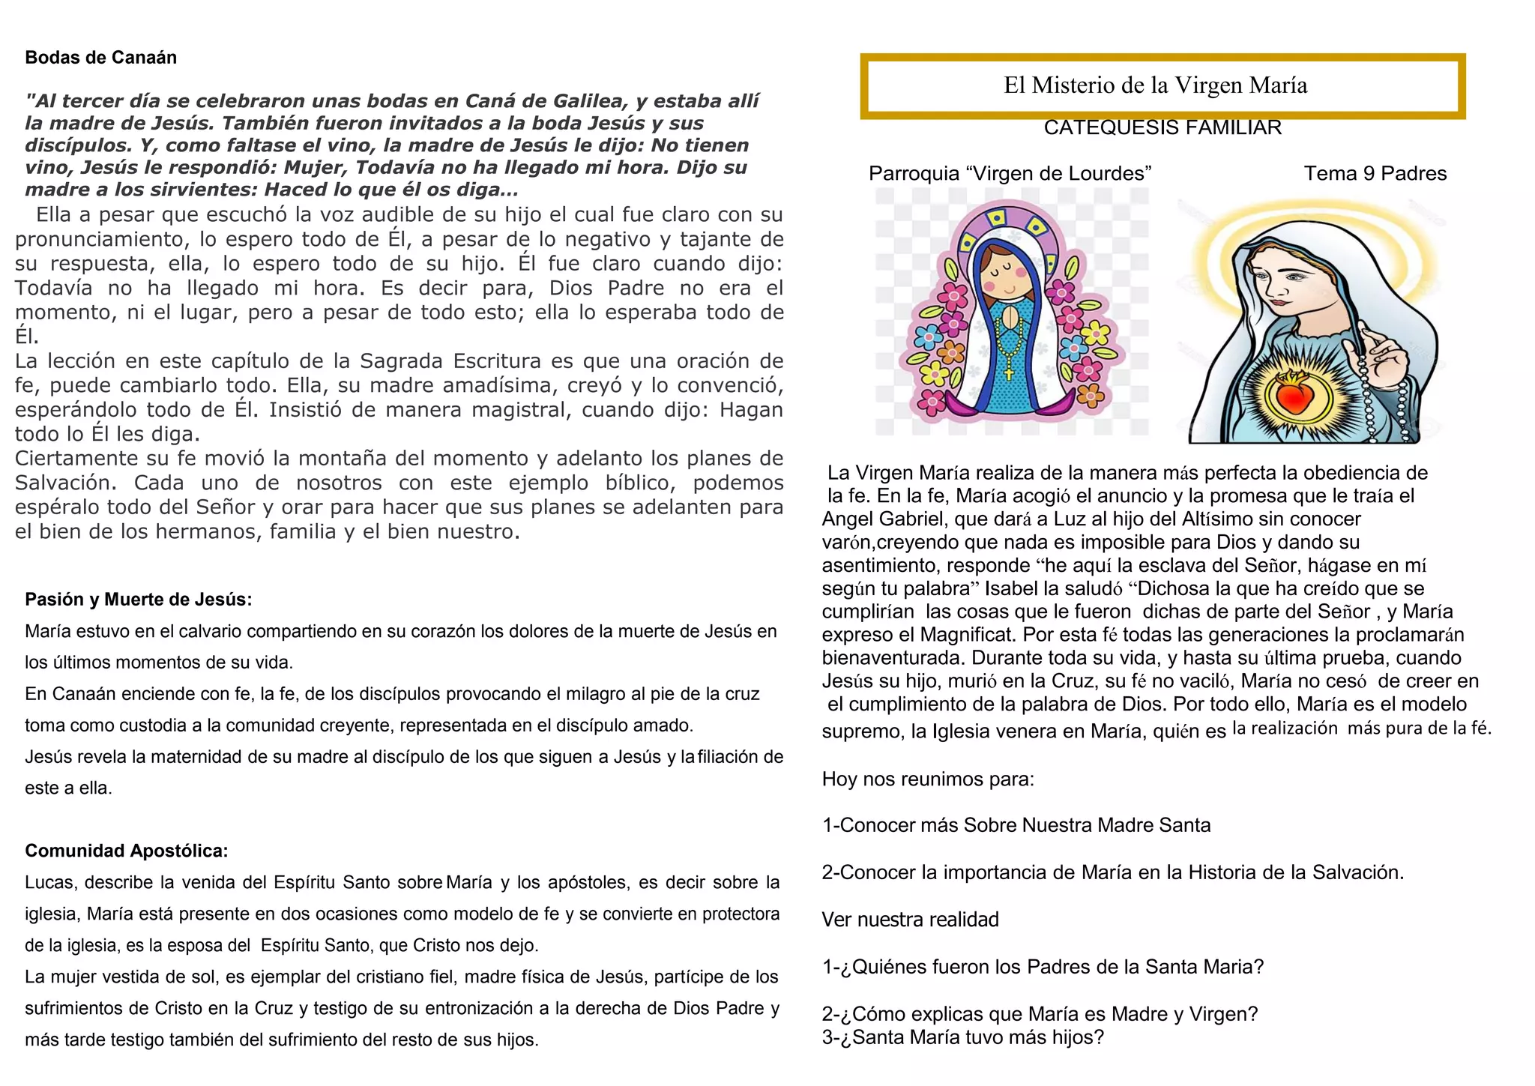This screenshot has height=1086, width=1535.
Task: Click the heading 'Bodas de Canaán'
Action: (x=100, y=58)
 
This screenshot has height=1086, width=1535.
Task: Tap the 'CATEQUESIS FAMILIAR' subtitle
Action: (x=1162, y=128)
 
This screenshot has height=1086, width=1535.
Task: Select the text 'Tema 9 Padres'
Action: (x=1375, y=174)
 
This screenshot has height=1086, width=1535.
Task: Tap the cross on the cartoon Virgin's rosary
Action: (x=1008, y=372)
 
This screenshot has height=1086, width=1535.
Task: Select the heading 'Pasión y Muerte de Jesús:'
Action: (x=139, y=600)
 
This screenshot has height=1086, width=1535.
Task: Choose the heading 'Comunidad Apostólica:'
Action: (x=127, y=851)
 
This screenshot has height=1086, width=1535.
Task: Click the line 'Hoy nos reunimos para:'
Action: (x=928, y=779)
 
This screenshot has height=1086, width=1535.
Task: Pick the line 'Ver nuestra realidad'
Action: (x=910, y=920)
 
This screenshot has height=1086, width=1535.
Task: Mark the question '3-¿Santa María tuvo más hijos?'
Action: (x=963, y=1038)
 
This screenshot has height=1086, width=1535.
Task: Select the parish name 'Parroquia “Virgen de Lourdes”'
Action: (x=1010, y=174)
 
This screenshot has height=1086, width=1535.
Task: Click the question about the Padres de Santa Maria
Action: (x=1043, y=967)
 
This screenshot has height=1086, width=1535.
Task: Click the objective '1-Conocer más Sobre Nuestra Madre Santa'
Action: (x=1016, y=825)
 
